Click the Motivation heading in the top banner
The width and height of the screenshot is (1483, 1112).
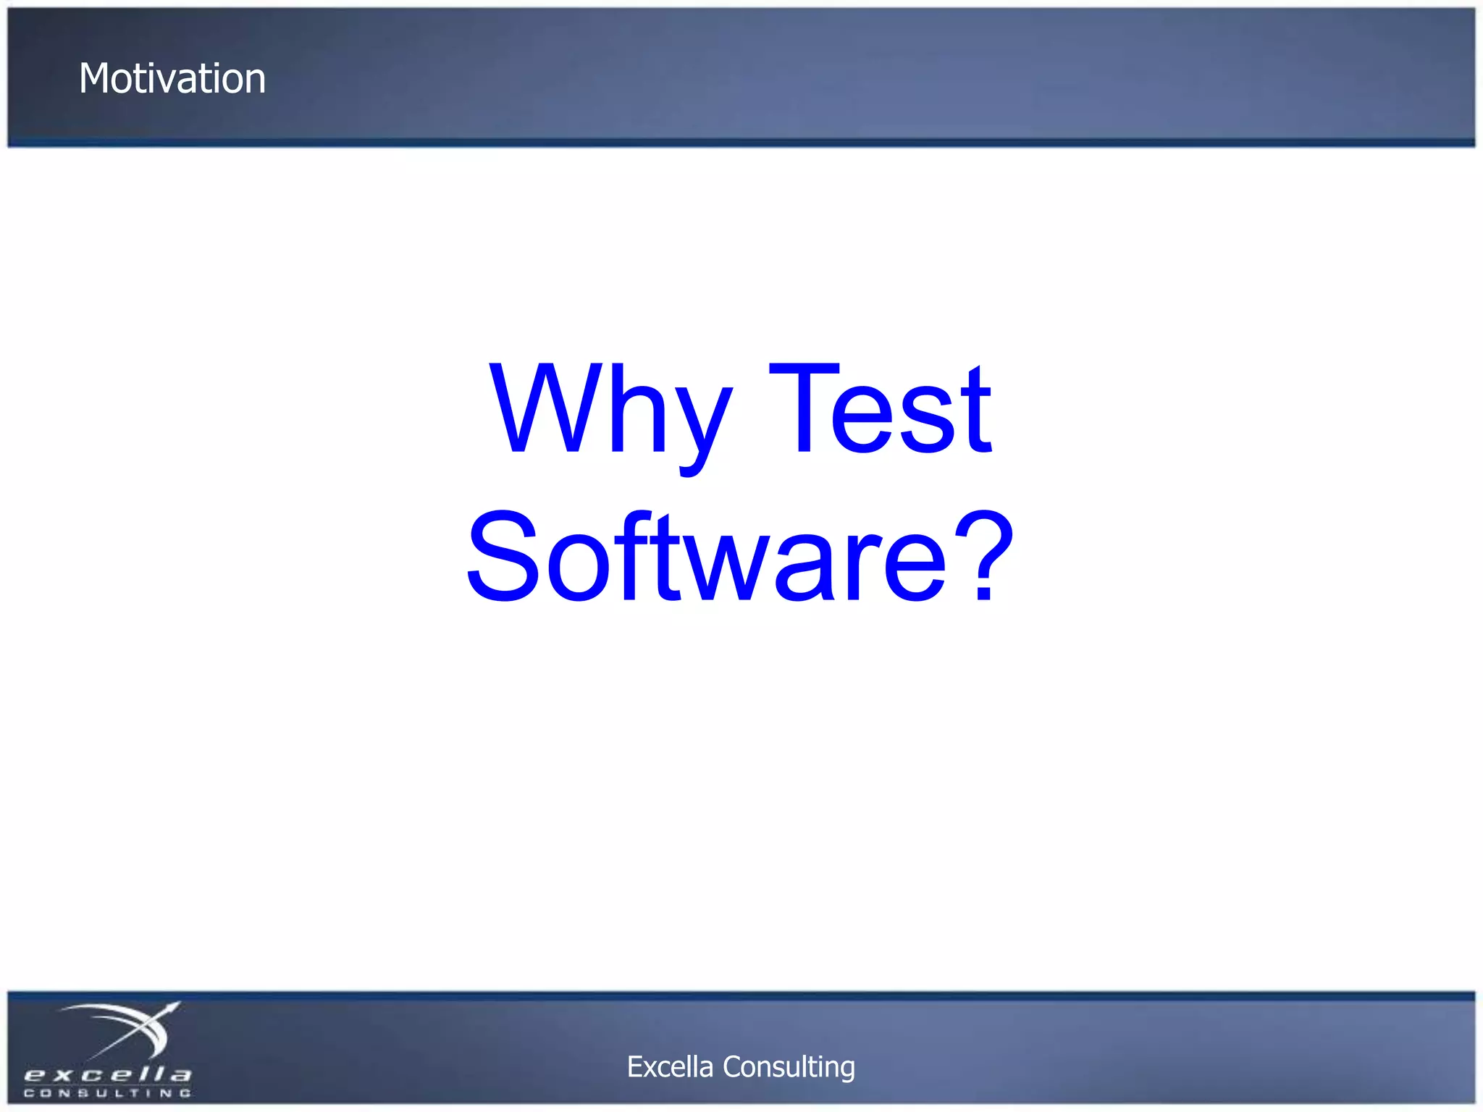[172, 78]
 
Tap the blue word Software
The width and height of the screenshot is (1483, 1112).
[706, 557]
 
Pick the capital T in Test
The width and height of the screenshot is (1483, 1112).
[803, 408]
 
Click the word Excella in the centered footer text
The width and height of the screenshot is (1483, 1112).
[670, 1066]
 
